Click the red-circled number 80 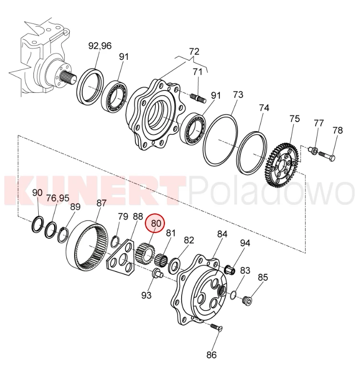pos(156,223)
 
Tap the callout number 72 pos(194,52)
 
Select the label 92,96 pos(100,45)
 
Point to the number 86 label pos(211,355)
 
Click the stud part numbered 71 pos(198,99)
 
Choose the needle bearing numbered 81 pos(161,260)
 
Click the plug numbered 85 pos(248,301)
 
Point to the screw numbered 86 pos(216,327)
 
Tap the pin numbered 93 pos(157,274)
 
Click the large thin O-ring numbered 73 pos(220,140)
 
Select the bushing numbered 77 pos(314,151)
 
